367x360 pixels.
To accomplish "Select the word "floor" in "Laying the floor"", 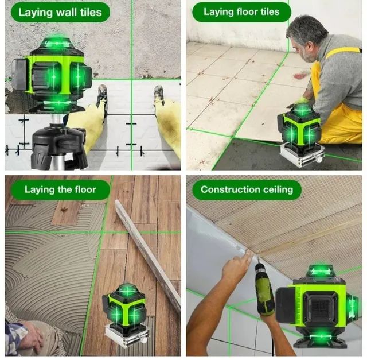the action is point(85,189).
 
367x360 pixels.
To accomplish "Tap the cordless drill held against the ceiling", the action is point(264,290).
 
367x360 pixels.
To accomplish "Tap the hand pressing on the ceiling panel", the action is point(235,266).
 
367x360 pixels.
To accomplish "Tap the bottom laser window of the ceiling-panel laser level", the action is point(321,336).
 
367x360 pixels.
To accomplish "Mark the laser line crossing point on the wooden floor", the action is point(102,233).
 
